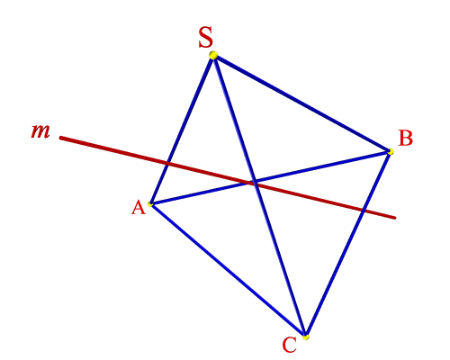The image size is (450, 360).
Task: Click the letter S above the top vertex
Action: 206,37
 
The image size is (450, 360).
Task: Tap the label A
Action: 139,208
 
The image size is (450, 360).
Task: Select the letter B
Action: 406,139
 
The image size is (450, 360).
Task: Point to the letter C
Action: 290,345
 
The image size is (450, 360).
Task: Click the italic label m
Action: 40,131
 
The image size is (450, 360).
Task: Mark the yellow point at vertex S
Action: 213,55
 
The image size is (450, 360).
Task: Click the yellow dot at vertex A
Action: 150,204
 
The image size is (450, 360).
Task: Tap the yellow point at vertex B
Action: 391,152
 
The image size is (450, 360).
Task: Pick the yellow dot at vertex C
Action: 305,337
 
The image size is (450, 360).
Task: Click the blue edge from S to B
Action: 301,103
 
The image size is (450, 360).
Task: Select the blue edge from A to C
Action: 228,271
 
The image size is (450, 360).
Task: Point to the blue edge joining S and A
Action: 182,130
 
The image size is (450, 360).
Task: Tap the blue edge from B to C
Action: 348,244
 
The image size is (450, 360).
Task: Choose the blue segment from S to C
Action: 259,196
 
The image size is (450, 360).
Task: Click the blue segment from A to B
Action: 270,178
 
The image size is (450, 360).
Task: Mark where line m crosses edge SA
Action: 167,164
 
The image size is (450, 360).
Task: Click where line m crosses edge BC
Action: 362,210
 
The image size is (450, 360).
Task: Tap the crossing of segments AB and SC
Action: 255,182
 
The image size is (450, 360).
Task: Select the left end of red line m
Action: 60,138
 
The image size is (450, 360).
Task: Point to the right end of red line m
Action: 395,218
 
